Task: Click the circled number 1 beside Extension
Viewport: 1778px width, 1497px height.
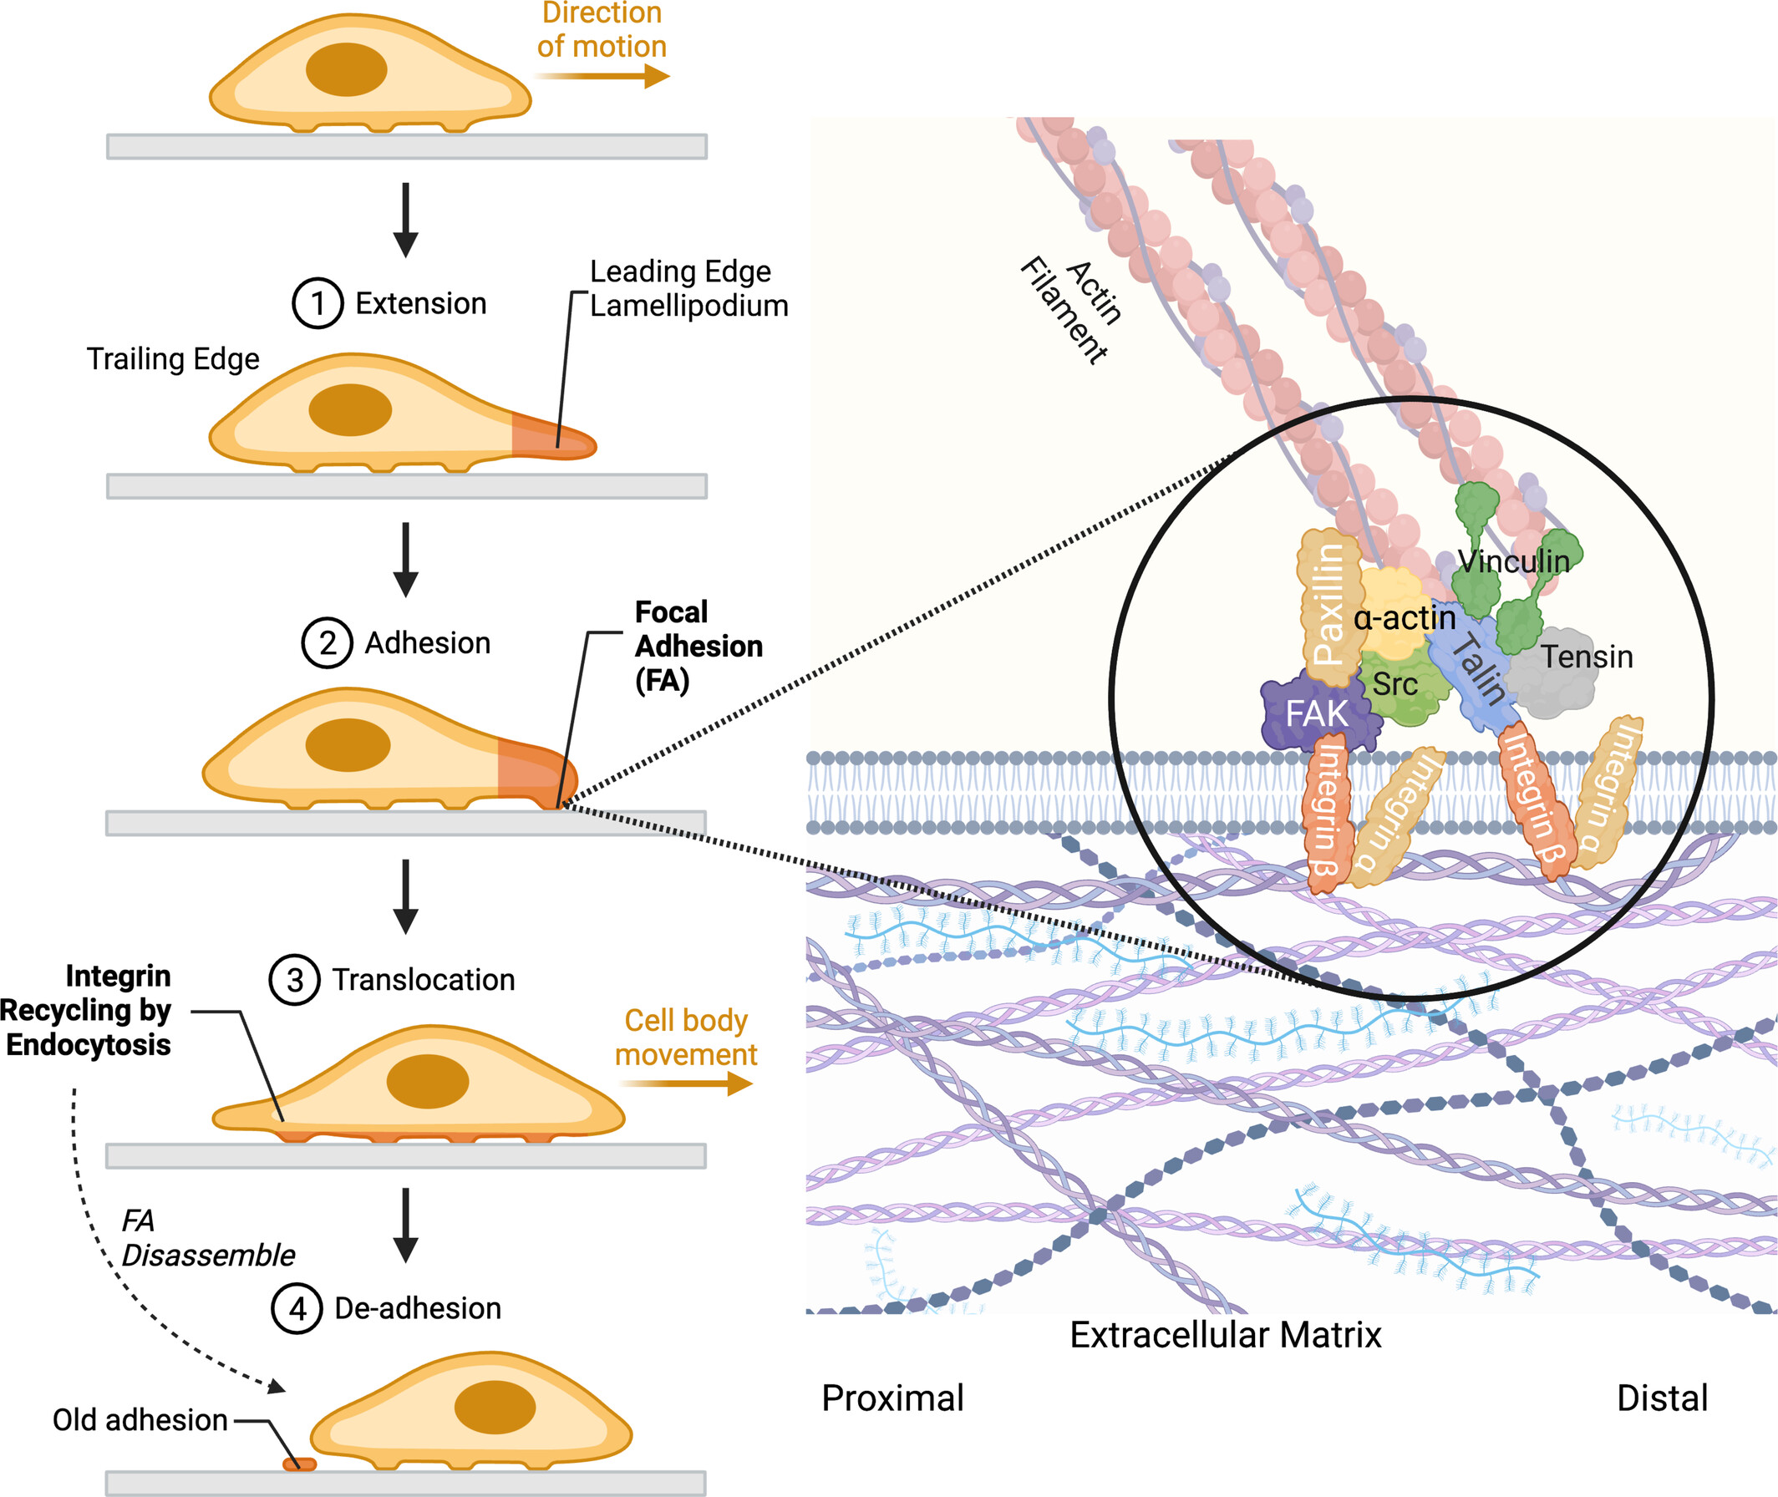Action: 317,303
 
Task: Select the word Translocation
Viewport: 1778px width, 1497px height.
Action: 423,979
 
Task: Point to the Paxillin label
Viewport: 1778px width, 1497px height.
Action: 1328,604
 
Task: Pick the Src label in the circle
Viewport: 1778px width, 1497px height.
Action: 1395,684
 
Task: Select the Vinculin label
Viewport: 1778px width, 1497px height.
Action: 1513,561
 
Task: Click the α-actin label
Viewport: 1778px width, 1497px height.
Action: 1405,618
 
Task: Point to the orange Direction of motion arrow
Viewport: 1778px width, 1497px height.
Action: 602,76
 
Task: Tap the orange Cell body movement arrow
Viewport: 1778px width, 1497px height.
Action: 686,1083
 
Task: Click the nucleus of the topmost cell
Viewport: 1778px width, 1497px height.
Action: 346,69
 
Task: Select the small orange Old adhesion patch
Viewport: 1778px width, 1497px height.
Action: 299,1464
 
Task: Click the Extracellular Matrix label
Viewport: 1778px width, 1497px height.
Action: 1225,1335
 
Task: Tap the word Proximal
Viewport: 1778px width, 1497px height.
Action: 892,1398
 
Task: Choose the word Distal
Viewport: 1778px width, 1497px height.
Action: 1662,1398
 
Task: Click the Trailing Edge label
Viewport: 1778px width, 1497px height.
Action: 173,359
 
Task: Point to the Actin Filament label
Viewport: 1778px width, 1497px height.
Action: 1071,311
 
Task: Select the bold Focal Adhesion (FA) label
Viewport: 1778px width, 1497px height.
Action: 698,646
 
